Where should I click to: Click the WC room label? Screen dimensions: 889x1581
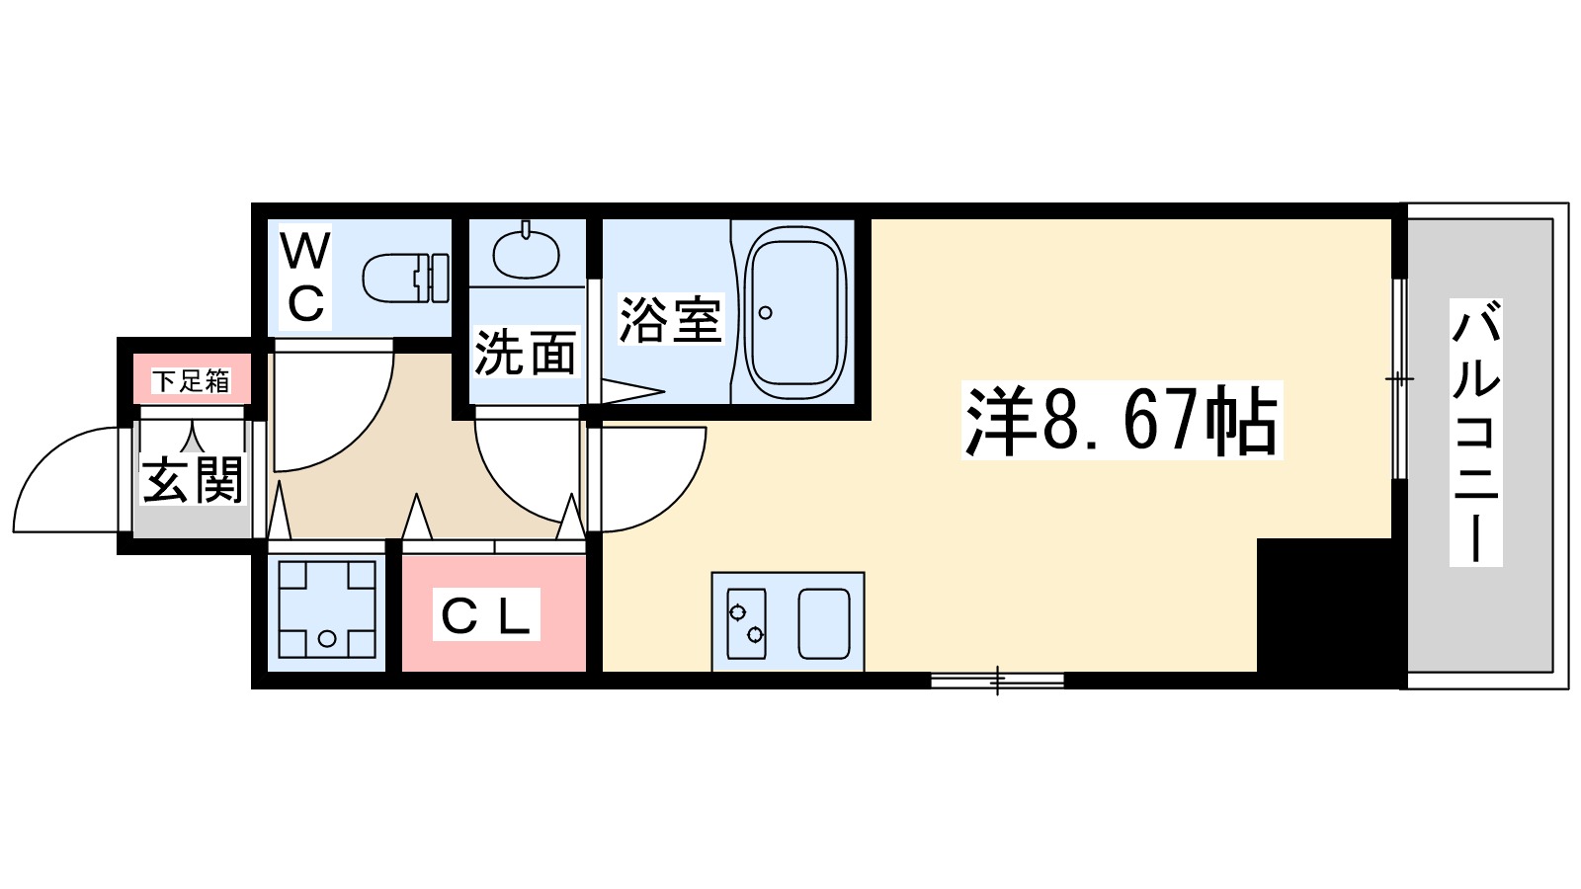coord(305,278)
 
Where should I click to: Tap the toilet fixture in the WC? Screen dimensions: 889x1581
coord(405,279)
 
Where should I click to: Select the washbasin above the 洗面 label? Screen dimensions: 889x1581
coord(526,253)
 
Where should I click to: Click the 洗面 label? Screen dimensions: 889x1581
coord(525,353)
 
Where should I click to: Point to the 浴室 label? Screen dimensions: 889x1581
coord(670,319)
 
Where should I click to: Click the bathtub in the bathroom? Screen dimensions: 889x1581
coord(795,312)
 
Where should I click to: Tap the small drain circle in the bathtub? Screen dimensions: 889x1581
coord(765,313)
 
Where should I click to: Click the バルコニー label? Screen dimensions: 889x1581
coord(1475,433)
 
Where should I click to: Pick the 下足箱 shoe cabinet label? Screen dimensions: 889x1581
coord(191,381)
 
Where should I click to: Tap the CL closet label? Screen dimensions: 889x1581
coord(486,616)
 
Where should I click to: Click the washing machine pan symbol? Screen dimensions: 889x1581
coord(327,609)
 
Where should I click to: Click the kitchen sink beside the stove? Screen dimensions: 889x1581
coord(824,623)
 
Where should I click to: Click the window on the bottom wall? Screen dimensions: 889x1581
coord(997,680)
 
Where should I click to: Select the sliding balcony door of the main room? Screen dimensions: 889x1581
coord(1398,379)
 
